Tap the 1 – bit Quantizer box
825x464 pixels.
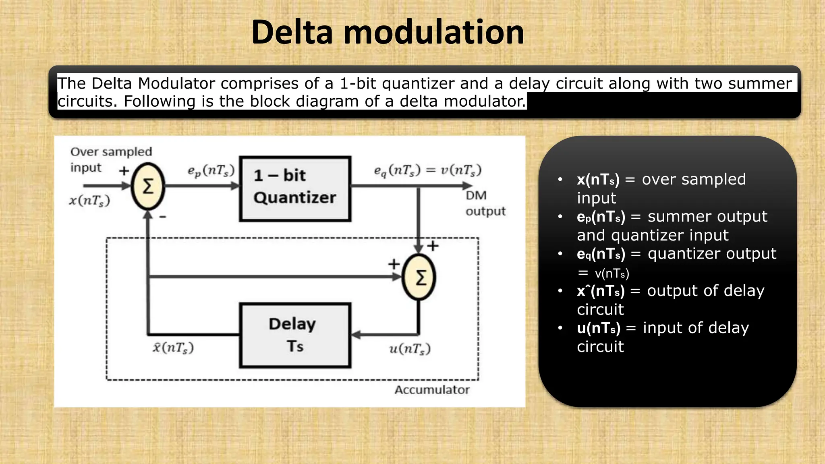[x=295, y=188]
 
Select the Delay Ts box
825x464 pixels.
[x=295, y=335]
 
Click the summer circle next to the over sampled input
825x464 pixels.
[x=148, y=186]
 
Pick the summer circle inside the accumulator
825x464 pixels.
[x=419, y=278]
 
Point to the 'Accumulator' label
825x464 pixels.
[x=432, y=390]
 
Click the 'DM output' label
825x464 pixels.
[x=485, y=203]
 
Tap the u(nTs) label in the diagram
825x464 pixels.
[x=410, y=349]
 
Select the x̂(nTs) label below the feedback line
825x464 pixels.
[x=173, y=348]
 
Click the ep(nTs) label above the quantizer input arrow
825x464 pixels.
[x=211, y=171]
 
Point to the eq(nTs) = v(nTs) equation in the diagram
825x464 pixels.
[x=427, y=170]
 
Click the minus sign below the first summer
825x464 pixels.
[x=163, y=217]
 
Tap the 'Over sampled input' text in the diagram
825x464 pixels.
[x=111, y=159]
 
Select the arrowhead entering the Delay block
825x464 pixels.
[x=356, y=335]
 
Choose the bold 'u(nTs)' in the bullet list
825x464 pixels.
[x=598, y=328]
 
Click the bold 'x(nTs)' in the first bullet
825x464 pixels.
[x=598, y=180]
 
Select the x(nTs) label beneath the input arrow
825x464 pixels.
[x=89, y=201]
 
